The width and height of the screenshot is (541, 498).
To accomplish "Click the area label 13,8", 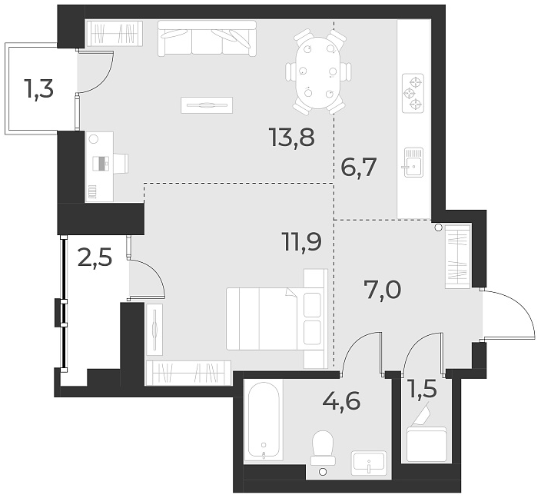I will (292, 138).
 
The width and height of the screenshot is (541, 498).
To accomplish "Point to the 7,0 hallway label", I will (382, 290).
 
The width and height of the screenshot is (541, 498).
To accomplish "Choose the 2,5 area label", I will (95, 257).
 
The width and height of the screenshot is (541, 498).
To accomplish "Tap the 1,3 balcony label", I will (38, 90).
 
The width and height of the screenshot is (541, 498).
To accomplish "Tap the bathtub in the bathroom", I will (263, 421).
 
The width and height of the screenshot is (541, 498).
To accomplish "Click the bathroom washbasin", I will (370, 463).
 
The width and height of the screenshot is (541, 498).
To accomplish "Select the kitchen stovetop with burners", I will (413, 93).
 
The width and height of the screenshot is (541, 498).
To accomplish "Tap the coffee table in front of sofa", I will (207, 104).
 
